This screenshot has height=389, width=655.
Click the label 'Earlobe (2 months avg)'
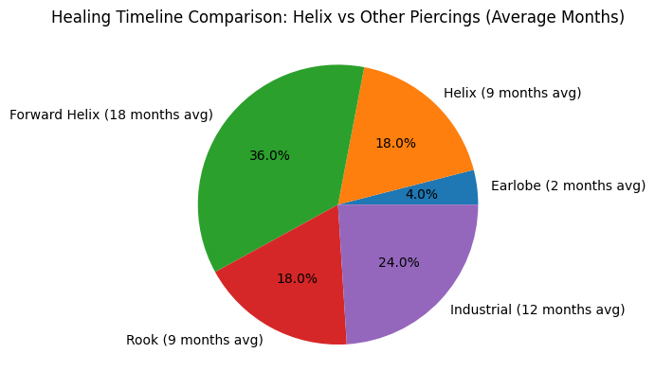point(567,186)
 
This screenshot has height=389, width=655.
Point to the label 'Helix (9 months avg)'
point(512,93)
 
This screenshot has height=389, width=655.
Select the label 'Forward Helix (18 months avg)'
point(111,115)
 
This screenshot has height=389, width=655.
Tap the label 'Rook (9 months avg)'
point(194,340)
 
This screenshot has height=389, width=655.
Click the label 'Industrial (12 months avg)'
point(537,309)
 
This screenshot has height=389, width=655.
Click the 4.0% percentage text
point(422,195)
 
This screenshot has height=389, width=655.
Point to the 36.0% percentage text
point(269,155)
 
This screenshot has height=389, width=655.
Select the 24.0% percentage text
point(398,262)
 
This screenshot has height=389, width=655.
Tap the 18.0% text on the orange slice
point(395,143)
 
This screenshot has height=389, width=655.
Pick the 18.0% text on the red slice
point(297,279)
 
